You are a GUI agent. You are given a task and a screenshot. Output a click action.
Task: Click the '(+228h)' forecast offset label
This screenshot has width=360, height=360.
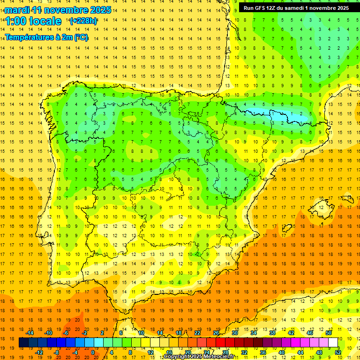point(83,21)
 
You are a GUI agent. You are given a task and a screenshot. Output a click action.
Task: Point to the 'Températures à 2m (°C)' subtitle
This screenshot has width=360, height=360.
point(46,37)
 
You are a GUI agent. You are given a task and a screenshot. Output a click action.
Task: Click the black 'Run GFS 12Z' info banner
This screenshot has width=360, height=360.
point(296,8)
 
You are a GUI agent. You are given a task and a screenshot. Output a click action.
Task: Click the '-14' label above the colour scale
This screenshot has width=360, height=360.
point(29,333)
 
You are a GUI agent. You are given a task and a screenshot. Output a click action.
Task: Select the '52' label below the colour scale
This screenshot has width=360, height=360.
point(338,352)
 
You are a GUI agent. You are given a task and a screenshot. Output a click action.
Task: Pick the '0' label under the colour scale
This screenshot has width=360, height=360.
point(93,352)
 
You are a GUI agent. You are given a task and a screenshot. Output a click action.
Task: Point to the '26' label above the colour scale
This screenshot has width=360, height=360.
point(216,333)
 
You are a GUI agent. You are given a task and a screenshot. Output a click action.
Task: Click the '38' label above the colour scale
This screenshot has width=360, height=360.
point(272,333)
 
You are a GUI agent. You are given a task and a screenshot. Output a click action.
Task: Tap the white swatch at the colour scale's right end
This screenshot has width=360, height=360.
point(333,343)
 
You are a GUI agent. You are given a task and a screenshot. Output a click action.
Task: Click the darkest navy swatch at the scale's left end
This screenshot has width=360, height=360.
point(24,343)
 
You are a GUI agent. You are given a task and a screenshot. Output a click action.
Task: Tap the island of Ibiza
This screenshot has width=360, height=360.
point(287,228)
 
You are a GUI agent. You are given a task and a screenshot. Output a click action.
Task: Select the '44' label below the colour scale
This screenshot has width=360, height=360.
point(300,352)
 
